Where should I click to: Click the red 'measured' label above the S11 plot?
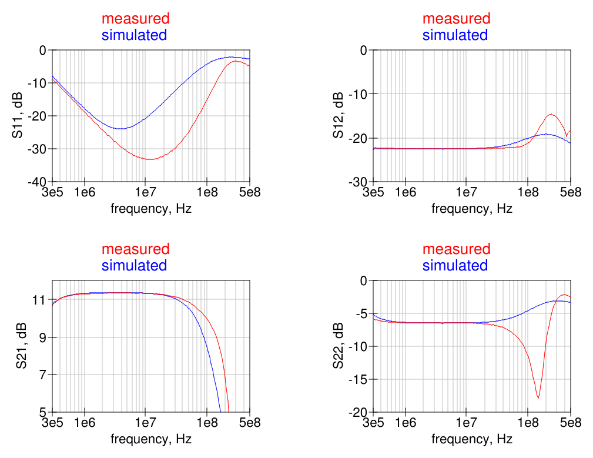pos(135,19)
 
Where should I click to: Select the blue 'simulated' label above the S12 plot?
pos(455,35)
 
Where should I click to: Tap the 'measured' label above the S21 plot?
pos(135,249)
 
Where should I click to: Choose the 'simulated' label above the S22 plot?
pos(455,265)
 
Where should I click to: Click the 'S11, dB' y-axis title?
pos(18,116)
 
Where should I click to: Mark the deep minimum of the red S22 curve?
pos(538,398)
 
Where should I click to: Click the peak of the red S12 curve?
pos(551,114)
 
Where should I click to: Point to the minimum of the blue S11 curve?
pos(120,129)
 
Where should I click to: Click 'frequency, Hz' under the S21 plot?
pos(151,439)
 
